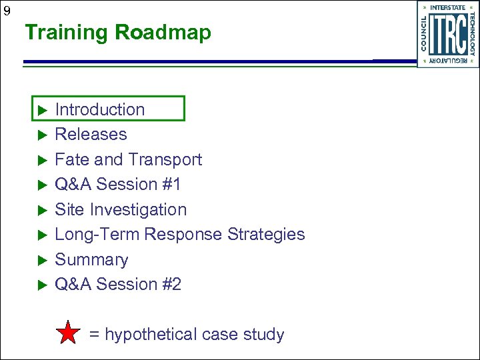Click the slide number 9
7,11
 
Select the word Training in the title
67,33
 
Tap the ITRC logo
448,34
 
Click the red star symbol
68,333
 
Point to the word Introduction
99,109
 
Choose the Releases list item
91,134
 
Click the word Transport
165,159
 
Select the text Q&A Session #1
118,184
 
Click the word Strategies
266,235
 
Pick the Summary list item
91,259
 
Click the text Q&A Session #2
118,284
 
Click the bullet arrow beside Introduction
40,110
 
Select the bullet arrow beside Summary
40,260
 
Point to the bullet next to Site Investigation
40,210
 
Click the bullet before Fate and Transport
40,160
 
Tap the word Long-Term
97,235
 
